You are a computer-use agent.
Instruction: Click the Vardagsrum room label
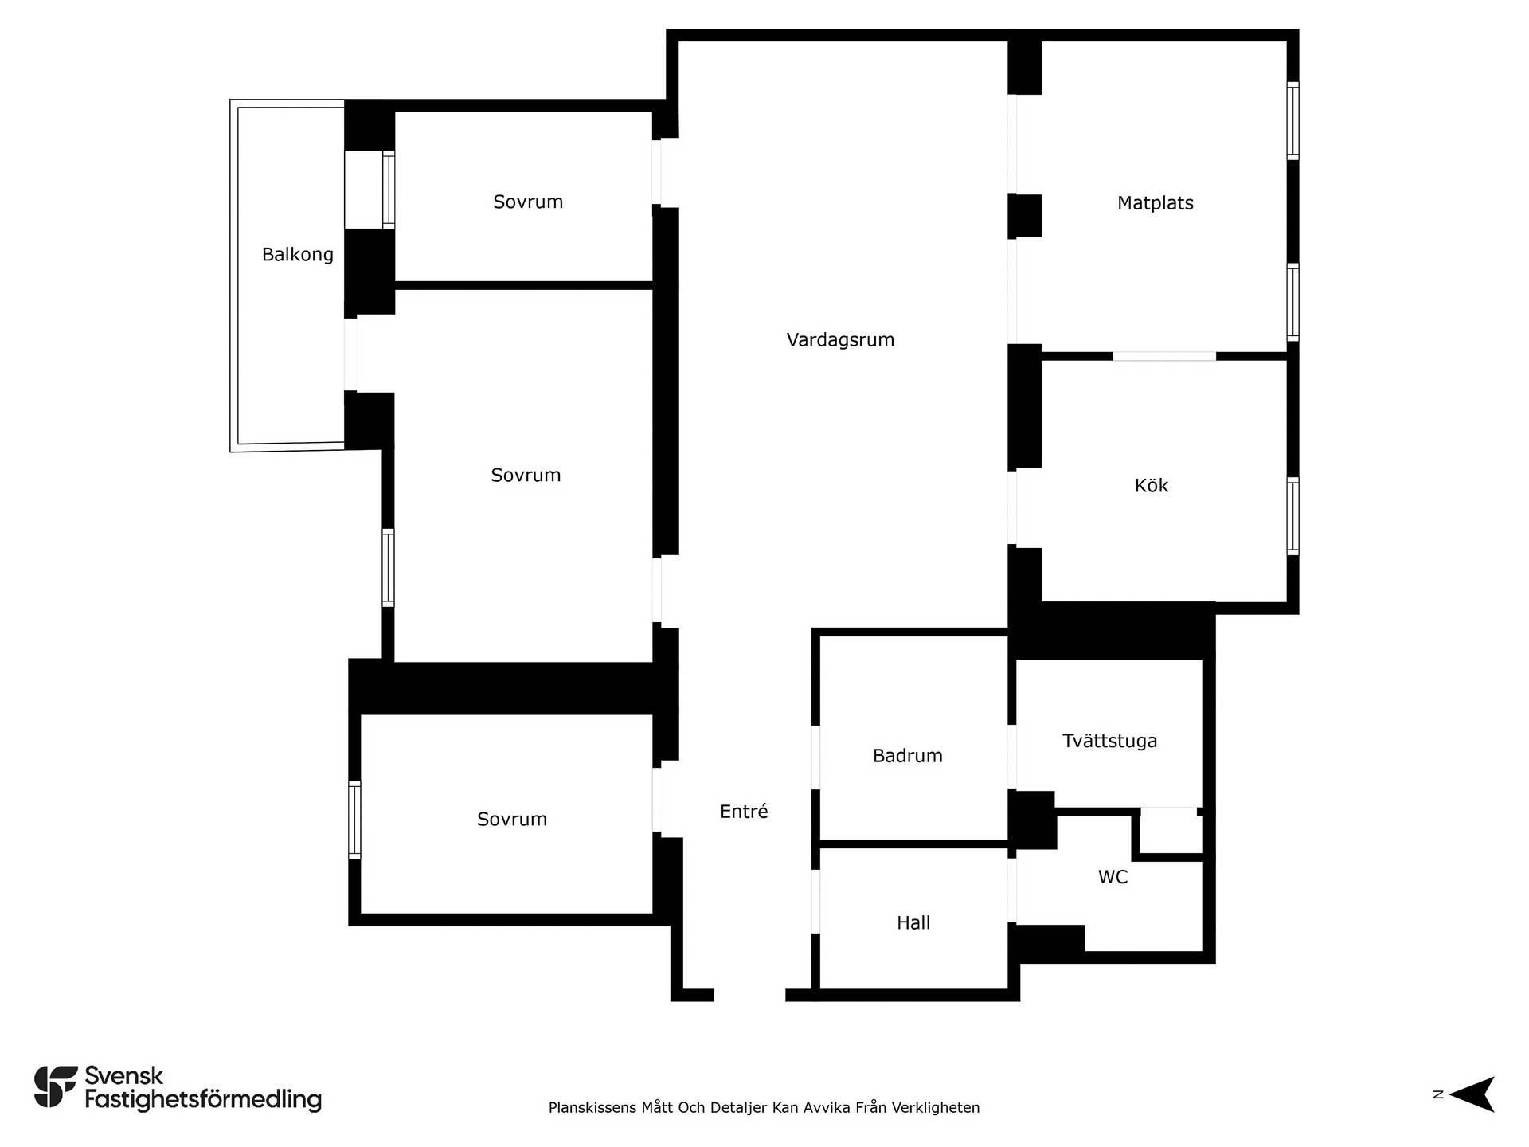click(x=840, y=340)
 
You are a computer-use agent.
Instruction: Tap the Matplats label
click(x=1155, y=203)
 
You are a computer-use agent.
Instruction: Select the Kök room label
click(x=1151, y=485)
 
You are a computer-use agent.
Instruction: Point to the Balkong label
click(x=298, y=255)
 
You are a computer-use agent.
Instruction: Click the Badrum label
click(x=907, y=756)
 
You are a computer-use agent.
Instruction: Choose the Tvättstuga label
click(x=1109, y=741)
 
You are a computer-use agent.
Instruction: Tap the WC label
click(x=1113, y=877)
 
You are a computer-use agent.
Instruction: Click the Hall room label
click(x=913, y=922)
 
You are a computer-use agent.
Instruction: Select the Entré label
click(x=744, y=811)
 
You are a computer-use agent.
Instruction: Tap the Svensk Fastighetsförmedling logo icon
click(x=56, y=1086)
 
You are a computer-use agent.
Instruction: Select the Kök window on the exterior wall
click(x=1293, y=516)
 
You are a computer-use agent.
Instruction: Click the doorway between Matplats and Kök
click(x=1164, y=356)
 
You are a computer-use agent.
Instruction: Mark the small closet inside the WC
click(x=1168, y=832)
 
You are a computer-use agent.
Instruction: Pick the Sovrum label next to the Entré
click(x=512, y=820)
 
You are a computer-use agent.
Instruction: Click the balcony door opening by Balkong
click(x=350, y=355)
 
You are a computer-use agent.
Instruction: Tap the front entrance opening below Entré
click(x=749, y=995)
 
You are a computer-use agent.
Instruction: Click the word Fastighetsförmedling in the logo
click(x=203, y=1100)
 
